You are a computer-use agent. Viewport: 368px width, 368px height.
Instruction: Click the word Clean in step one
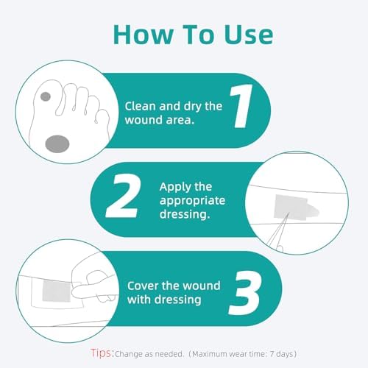(x=140, y=105)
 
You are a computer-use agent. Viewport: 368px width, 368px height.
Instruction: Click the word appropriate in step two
(x=193, y=201)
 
